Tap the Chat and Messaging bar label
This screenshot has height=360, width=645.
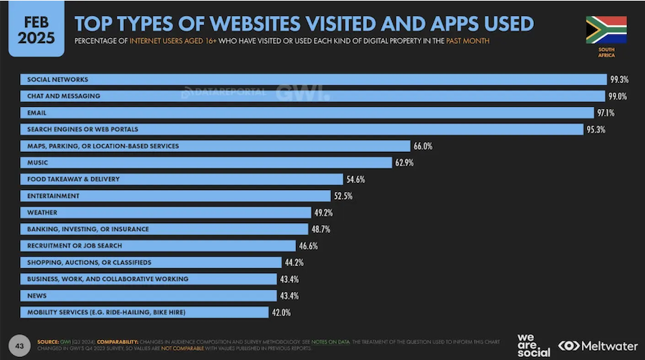tap(63, 96)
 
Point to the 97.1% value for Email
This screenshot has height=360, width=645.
tap(606, 113)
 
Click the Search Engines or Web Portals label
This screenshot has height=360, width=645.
tap(82, 129)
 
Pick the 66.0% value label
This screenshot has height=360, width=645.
tap(422, 146)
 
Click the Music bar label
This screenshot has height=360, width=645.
tap(37, 163)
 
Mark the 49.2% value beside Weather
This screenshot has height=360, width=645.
tap(323, 213)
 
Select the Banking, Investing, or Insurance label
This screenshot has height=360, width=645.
tap(87, 229)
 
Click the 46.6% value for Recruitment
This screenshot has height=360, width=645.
tap(308, 246)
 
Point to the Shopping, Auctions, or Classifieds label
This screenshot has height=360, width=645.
tap(89, 262)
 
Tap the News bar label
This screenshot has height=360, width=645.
tap(36, 295)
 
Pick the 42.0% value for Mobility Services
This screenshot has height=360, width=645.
tap(281, 313)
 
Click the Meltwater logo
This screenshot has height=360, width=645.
tap(598, 345)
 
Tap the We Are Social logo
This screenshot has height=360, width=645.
tap(532, 344)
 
